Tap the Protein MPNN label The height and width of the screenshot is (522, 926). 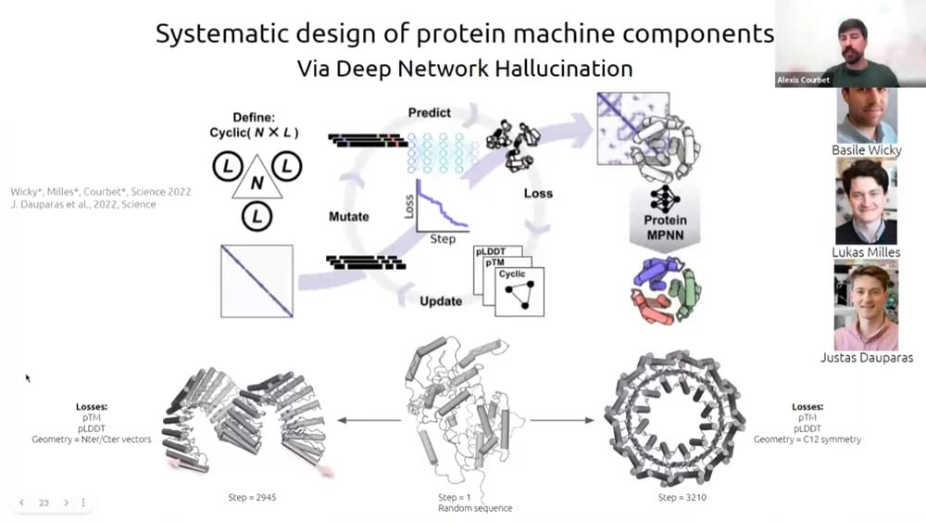point(664,226)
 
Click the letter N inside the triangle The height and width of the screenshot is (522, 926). point(257,184)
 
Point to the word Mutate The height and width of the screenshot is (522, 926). point(348,216)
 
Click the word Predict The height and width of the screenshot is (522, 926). point(429,112)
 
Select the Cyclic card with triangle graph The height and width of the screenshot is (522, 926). point(519,290)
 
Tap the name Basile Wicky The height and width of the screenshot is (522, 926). point(867,150)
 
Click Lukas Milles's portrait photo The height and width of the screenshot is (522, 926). point(866,201)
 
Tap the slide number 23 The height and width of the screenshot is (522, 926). point(44,503)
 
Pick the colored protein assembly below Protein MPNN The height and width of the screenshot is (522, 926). point(662,289)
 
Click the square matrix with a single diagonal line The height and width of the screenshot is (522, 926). point(257,281)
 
